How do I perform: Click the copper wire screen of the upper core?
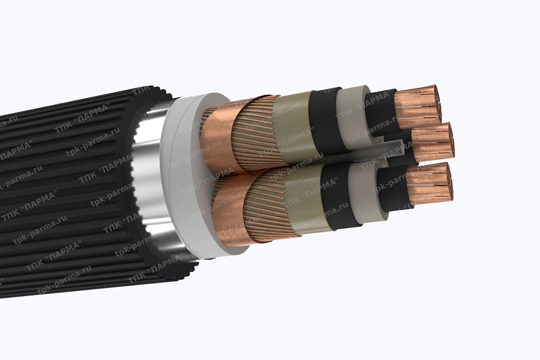tap(254, 130)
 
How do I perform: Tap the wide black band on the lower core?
tap(335, 193)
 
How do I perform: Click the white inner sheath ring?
tap(182, 180)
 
